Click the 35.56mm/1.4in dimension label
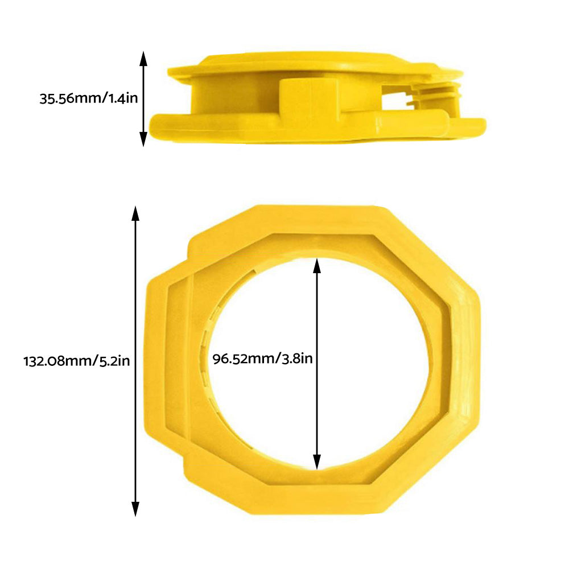click(88, 98)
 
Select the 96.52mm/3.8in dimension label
click(262, 359)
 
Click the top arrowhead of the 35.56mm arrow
click(143, 57)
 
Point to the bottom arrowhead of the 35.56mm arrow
click(143, 140)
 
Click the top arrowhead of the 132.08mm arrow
click(135, 213)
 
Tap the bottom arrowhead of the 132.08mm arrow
click(135, 509)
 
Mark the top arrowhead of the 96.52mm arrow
click(317, 263)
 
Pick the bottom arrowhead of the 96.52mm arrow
click(317, 463)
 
